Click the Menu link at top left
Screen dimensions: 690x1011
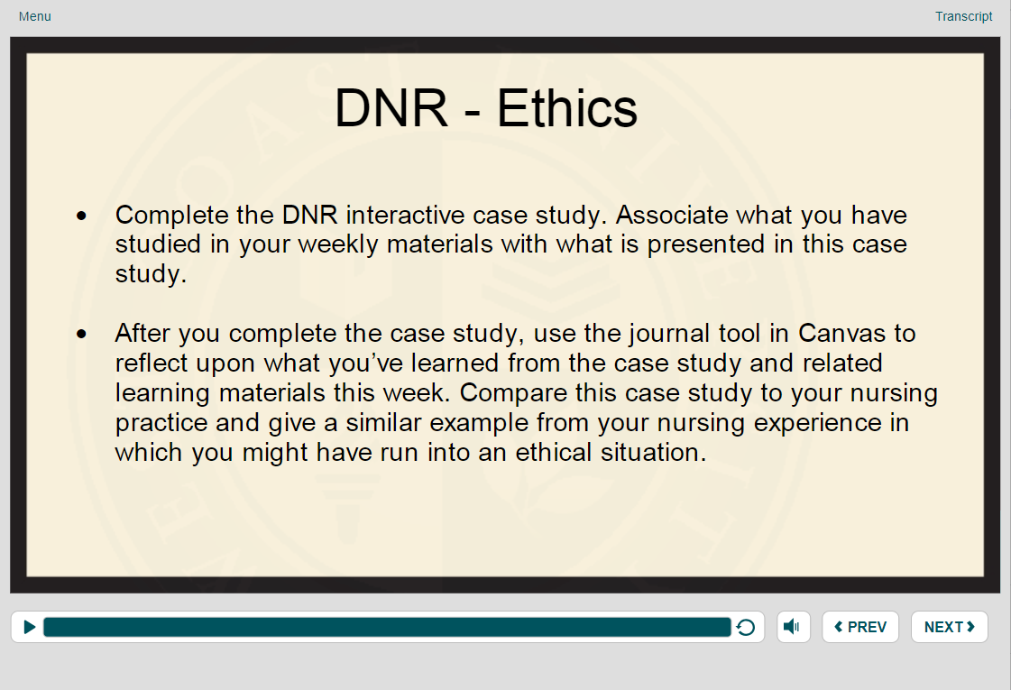point(34,16)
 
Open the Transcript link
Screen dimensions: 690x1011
point(963,16)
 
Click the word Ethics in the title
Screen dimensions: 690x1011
point(567,109)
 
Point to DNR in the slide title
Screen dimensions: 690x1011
point(391,109)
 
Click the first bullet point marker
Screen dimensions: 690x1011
point(83,216)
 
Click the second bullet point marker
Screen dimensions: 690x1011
point(83,335)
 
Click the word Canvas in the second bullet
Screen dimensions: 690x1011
point(842,334)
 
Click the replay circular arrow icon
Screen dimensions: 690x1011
point(746,628)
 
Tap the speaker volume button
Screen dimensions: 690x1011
point(793,627)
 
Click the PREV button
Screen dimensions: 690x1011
point(860,627)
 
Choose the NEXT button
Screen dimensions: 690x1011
point(949,627)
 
